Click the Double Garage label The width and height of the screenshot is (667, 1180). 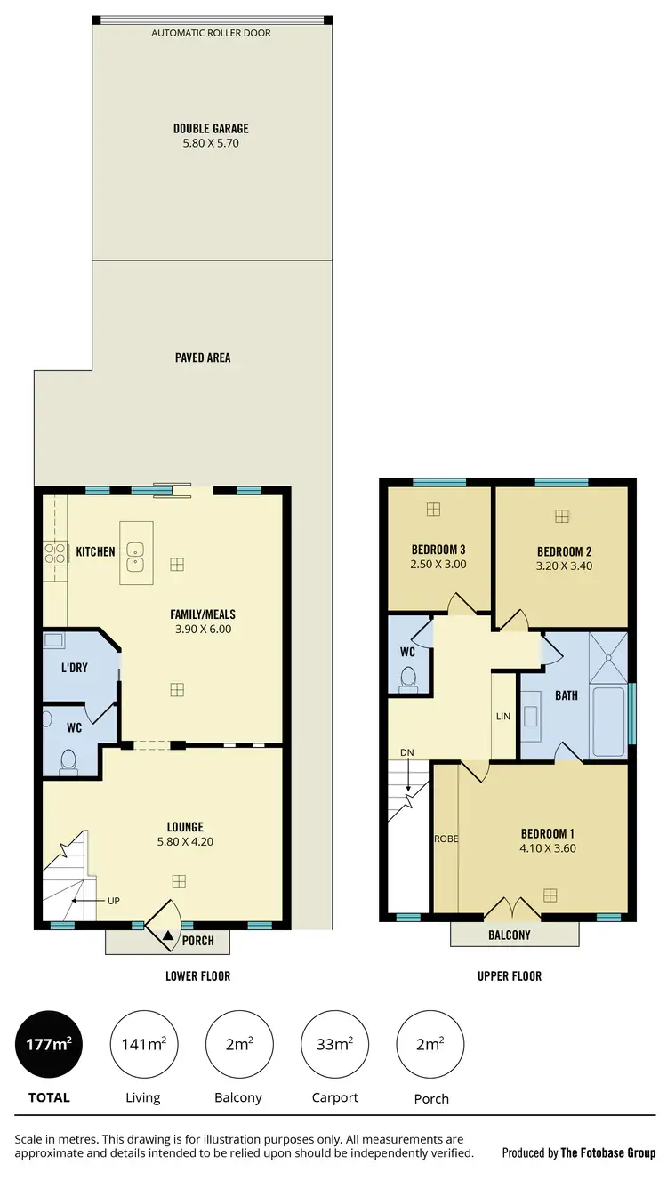point(211,129)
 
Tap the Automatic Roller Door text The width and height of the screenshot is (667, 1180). point(211,33)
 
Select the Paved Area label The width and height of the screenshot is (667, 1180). point(203,357)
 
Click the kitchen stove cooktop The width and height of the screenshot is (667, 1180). point(55,553)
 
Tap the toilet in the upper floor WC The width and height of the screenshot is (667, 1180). point(409,679)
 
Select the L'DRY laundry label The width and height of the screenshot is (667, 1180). point(74,667)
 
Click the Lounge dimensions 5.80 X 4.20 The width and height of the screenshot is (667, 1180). point(184,841)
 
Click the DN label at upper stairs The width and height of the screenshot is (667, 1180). point(407,752)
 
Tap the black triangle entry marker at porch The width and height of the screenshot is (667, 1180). point(168,934)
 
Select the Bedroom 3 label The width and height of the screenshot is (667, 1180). point(438,548)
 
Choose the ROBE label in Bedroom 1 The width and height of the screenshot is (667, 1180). point(445,839)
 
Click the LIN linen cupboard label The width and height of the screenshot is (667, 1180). point(503,716)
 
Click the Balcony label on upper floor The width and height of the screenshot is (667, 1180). point(510,935)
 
